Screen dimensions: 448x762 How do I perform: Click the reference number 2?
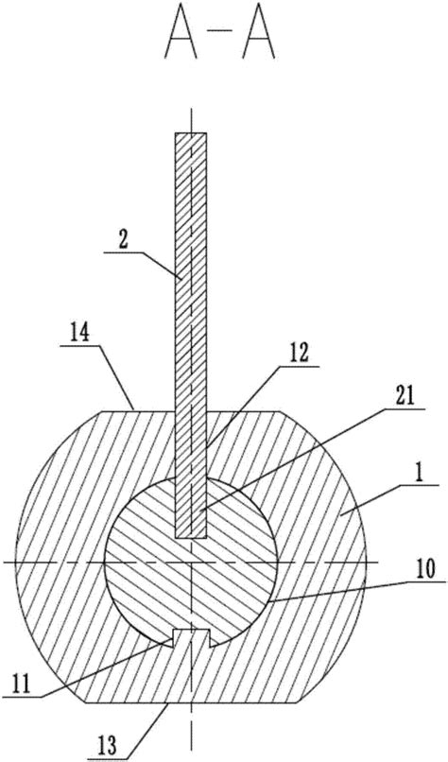123,242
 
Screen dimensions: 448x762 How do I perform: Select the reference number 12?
299,354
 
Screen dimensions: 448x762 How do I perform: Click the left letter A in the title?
181,40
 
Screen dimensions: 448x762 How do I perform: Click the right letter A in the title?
260,40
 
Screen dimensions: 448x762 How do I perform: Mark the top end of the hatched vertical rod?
191,133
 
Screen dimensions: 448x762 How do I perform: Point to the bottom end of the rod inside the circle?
191,538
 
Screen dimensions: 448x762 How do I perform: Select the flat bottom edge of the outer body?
192,703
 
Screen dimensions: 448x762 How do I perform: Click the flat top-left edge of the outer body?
137,411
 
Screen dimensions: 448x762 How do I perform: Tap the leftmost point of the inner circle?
105,563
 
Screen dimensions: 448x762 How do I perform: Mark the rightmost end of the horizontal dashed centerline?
378,563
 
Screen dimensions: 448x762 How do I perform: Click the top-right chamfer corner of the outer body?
280,411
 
